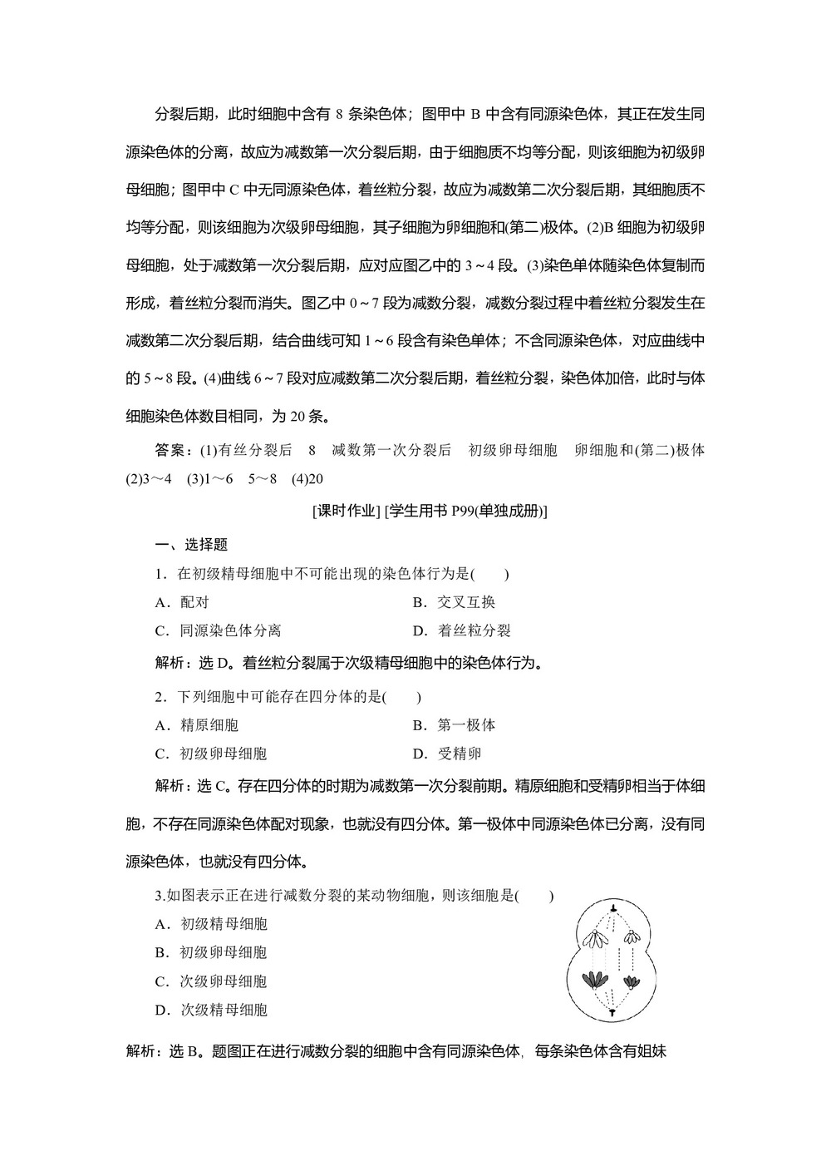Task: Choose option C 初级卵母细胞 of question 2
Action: coord(211,754)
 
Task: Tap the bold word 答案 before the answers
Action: coord(174,450)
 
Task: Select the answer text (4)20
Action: coord(307,479)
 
